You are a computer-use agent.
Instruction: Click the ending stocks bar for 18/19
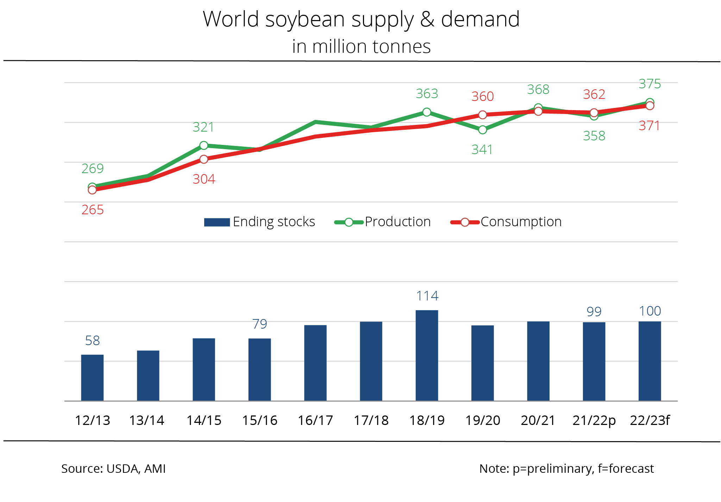(427, 355)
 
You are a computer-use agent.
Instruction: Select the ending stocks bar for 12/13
(92, 377)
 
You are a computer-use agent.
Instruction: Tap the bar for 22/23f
(650, 361)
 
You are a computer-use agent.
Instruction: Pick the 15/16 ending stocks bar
(259, 369)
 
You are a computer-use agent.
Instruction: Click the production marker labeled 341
(483, 130)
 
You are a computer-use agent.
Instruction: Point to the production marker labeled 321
(204, 145)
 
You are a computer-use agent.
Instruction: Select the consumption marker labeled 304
(204, 159)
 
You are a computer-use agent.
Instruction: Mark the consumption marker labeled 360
(483, 115)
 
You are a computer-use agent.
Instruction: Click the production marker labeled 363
(427, 112)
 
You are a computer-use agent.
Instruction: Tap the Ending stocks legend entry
(259, 222)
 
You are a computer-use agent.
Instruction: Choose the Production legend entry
(383, 222)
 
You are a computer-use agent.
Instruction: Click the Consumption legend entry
(506, 222)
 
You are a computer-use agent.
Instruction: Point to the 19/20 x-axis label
(483, 420)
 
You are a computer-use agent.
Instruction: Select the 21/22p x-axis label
(594, 420)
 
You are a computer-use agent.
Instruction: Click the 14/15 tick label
(204, 420)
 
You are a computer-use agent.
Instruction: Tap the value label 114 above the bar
(427, 296)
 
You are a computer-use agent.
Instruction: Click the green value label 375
(650, 84)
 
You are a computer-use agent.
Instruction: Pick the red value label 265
(93, 210)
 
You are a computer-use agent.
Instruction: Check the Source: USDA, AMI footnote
(113, 469)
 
